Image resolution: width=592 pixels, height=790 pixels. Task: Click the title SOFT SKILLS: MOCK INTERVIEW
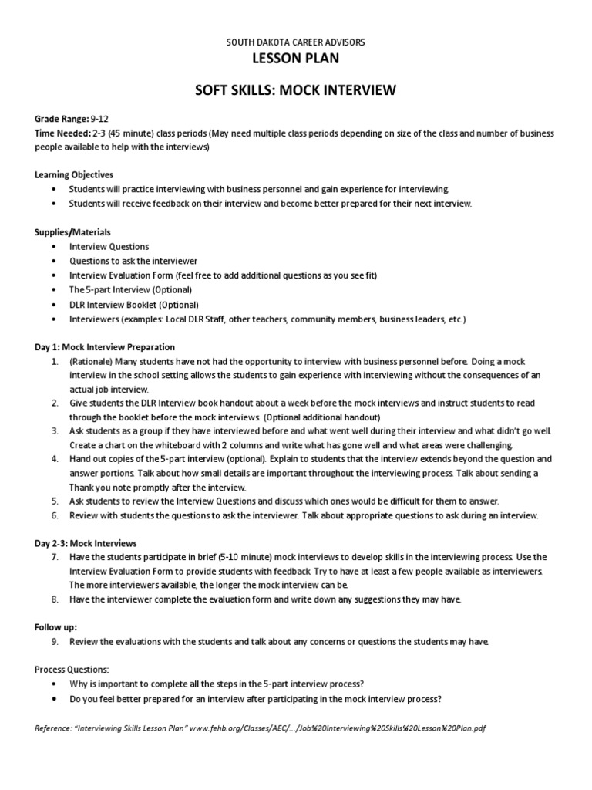pyautogui.click(x=296, y=91)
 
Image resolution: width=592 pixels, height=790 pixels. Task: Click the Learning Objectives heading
pyautogui.click(x=74, y=175)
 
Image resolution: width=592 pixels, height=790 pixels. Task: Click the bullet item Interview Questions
pyautogui.click(x=109, y=246)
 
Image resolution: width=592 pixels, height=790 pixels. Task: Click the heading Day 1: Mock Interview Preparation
pyautogui.click(x=105, y=346)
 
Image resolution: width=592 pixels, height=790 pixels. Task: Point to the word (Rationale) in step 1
pyautogui.click(x=91, y=361)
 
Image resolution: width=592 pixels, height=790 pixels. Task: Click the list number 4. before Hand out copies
pyautogui.click(x=55, y=458)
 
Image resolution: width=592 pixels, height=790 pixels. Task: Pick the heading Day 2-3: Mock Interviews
pyautogui.click(x=86, y=542)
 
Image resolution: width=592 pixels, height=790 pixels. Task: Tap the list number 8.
pyautogui.click(x=55, y=599)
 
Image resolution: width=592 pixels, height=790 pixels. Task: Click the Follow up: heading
pyautogui.click(x=56, y=626)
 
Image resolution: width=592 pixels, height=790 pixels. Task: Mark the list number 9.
pyautogui.click(x=55, y=641)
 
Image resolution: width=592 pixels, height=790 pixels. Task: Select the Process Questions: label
pyautogui.click(x=72, y=669)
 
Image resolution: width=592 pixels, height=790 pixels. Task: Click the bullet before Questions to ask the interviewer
pyautogui.click(x=52, y=261)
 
